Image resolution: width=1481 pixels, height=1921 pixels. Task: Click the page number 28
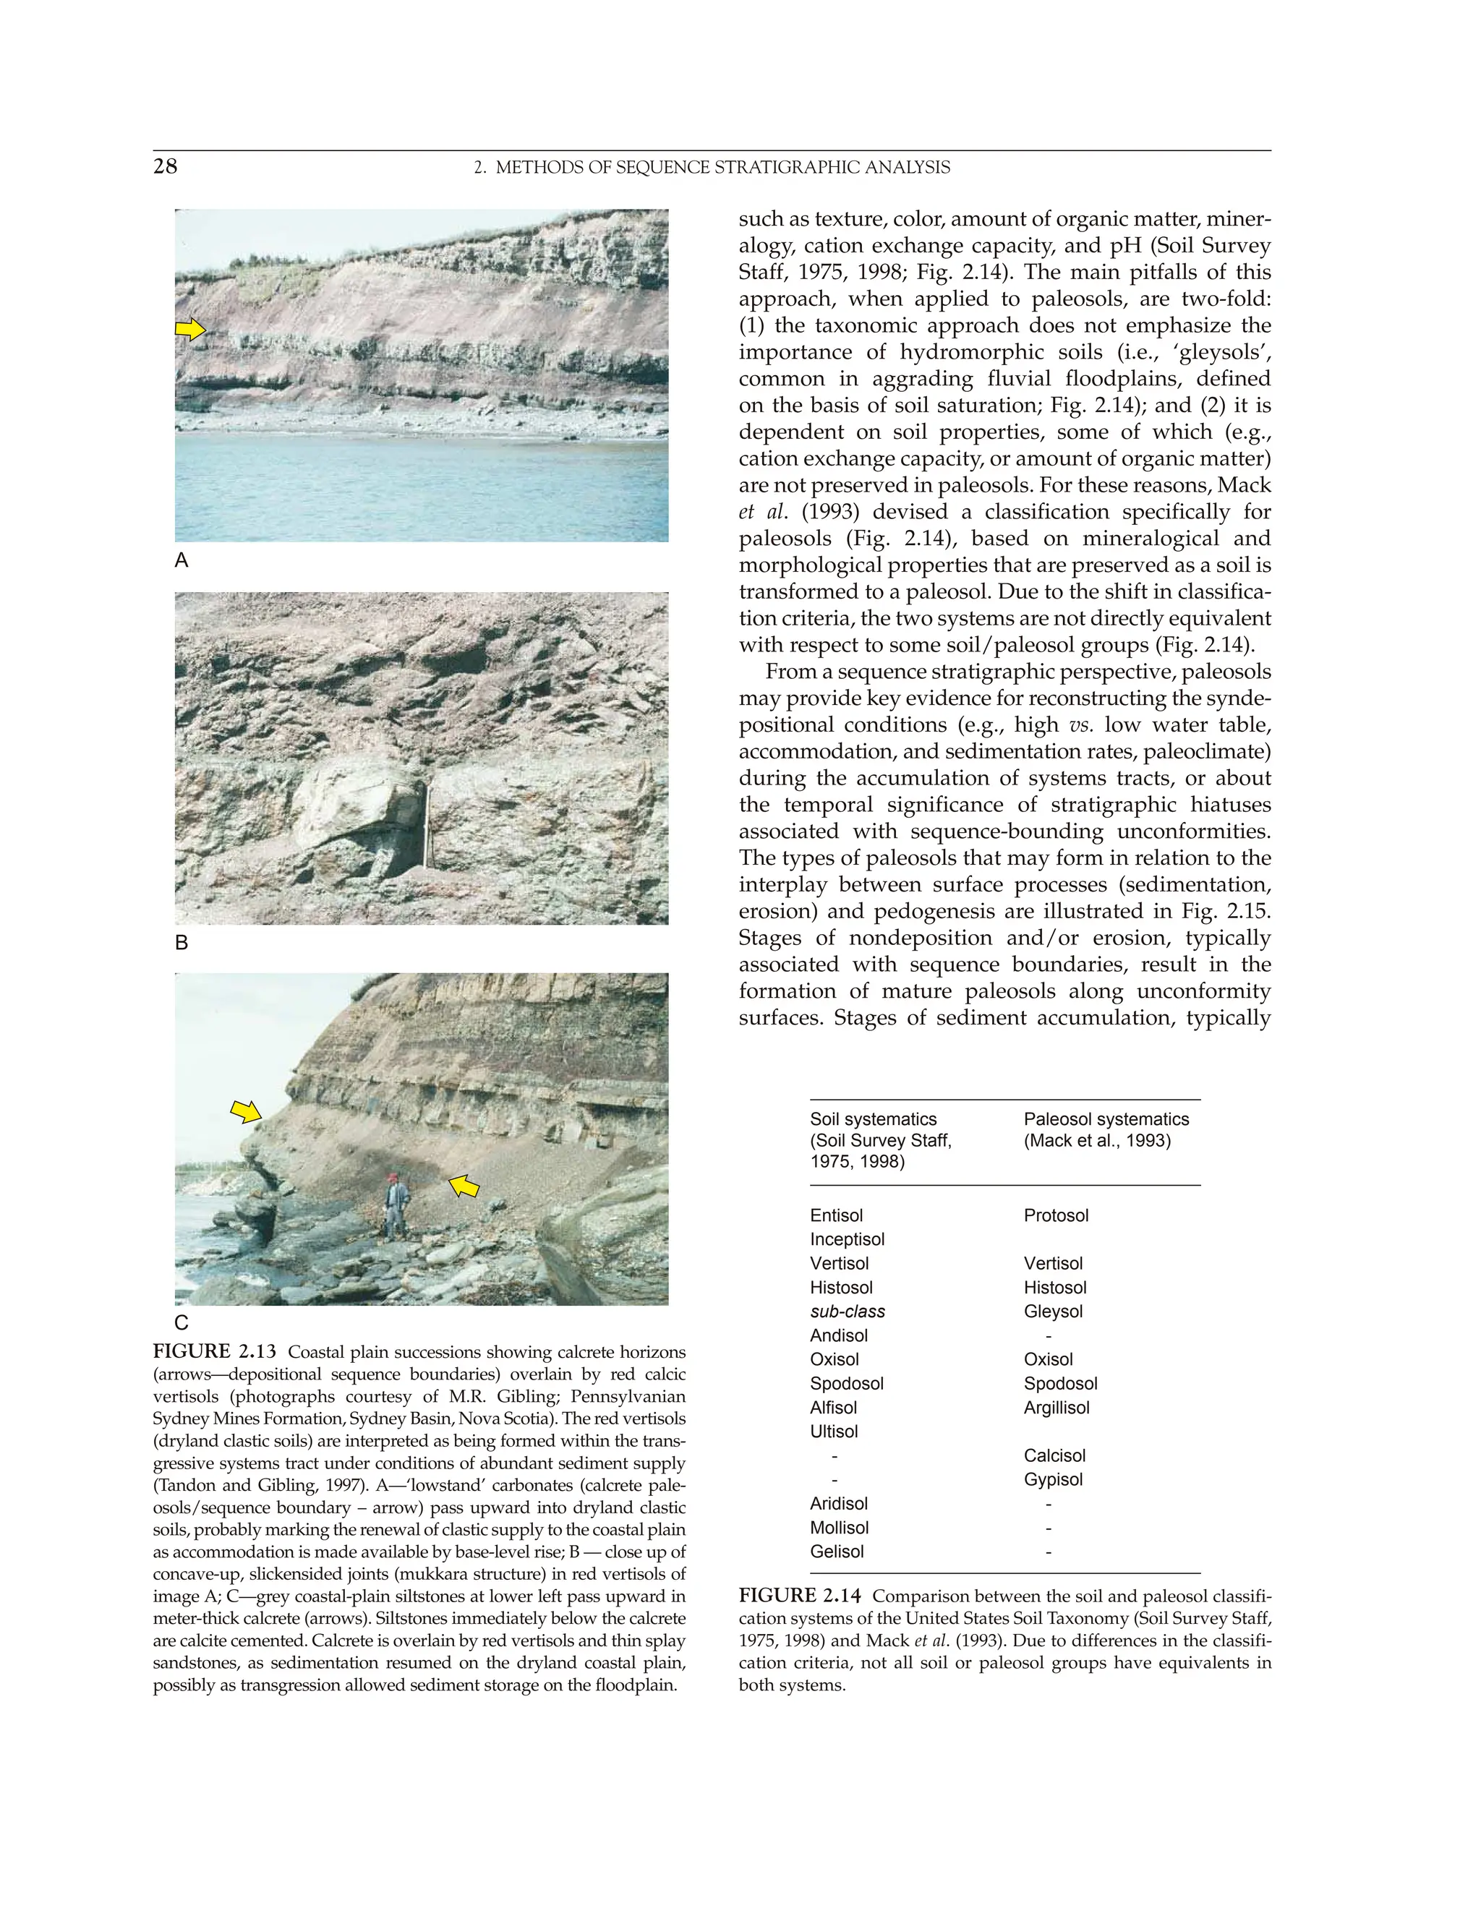[166, 166]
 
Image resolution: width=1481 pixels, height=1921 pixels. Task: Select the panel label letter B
[182, 943]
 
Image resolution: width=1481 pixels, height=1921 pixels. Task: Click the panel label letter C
[182, 1322]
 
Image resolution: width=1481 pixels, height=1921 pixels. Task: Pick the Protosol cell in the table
[1056, 1215]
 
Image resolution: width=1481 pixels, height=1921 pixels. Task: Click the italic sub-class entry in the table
[848, 1312]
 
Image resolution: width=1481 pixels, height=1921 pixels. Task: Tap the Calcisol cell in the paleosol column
[1054, 1455]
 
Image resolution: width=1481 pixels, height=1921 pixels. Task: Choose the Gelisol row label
[837, 1552]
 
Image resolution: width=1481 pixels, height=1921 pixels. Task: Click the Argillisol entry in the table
[1056, 1408]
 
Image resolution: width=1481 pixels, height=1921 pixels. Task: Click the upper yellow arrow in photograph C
[247, 1112]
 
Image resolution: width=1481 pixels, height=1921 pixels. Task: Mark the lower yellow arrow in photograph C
[464, 1186]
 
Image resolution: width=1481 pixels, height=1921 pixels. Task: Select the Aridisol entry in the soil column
[839, 1503]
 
